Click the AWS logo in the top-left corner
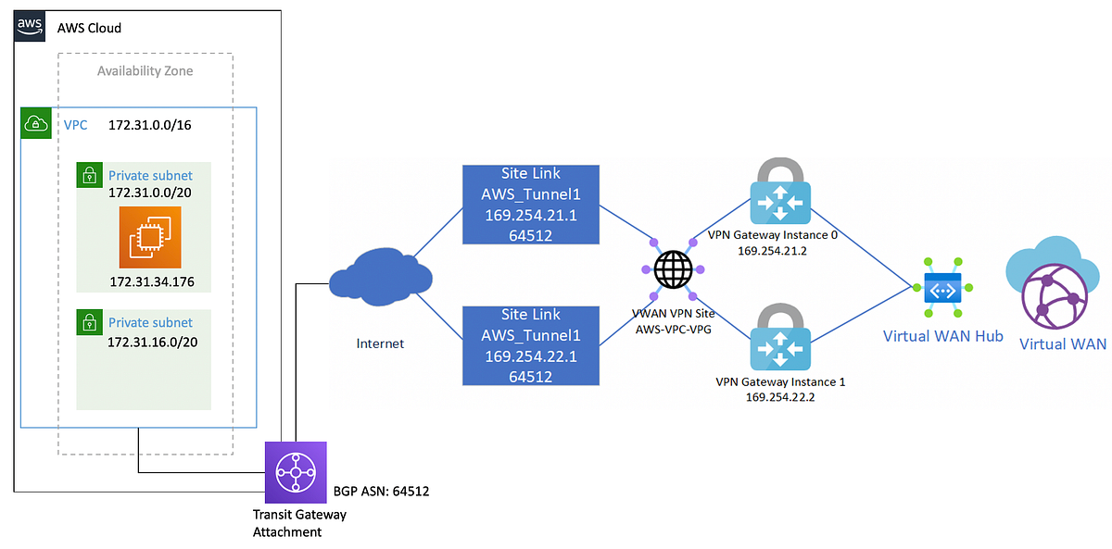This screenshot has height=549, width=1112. pos(29,26)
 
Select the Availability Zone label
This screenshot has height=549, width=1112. pos(145,71)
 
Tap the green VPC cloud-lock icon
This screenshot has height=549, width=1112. pos(34,124)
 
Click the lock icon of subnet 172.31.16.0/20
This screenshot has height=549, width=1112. pos(89,322)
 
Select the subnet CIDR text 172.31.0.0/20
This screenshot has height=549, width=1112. pos(150,193)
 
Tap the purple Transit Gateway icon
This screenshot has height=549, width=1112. pos(296,472)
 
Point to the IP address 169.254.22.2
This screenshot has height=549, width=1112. pos(780,396)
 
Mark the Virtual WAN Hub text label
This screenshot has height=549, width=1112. pos(942,336)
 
